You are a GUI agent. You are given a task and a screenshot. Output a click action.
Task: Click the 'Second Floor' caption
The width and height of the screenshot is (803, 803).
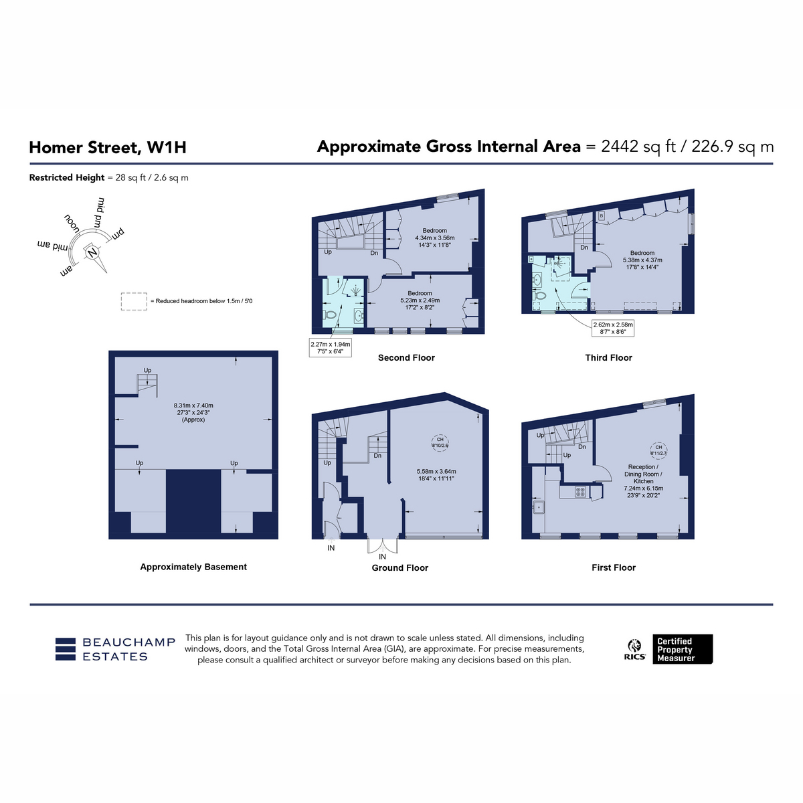pyautogui.click(x=406, y=357)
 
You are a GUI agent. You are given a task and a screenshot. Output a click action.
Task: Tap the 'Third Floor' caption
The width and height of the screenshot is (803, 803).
pyautogui.click(x=608, y=357)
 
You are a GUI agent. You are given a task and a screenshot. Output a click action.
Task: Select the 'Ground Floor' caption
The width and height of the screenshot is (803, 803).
pyautogui.click(x=399, y=567)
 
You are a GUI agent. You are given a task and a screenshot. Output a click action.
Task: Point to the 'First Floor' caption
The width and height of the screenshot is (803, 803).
pyautogui.click(x=614, y=567)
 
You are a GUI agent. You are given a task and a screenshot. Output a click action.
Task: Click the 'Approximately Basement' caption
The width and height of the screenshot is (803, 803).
pyautogui.click(x=193, y=567)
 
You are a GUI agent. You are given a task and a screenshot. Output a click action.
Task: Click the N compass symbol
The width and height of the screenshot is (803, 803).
pyautogui.click(x=92, y=252)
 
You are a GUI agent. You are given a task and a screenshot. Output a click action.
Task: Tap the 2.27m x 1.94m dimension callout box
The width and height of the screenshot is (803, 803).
pyautogui.click(x=331, y=347)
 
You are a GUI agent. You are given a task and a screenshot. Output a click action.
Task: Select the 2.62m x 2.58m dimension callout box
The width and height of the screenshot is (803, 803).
pyautogui.click(x=612, y=328)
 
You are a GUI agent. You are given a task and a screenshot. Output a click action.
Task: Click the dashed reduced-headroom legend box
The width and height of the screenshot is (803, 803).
pyautogui.click(x=134, y=301)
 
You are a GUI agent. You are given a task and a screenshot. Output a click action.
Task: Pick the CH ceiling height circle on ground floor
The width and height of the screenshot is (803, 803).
pyautogui.click(x=440, y=442)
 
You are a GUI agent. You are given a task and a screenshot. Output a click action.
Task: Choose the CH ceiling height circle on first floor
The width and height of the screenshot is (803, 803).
pyautogui.click(x=658, y=450)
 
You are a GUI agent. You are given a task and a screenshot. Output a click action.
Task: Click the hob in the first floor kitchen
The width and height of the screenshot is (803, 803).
pyautogui.click(x=580, y=492)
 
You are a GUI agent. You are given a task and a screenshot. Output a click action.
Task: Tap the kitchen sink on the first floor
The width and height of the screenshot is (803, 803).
pyautogui.click(x=539, y=507)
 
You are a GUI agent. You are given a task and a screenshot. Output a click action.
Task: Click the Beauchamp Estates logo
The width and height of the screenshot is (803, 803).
pyautogui.click(x=115, y=649)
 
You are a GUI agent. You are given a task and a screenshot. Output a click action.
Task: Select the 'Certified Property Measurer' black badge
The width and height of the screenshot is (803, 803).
pyautogui.click(x=683, y=649)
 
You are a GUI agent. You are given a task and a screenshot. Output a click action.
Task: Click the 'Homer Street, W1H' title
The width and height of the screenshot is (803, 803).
pyautogui.click(x=108, y=147)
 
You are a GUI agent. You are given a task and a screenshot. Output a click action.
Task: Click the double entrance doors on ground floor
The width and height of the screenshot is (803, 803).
pyautogui.click(x=383, y=546)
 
